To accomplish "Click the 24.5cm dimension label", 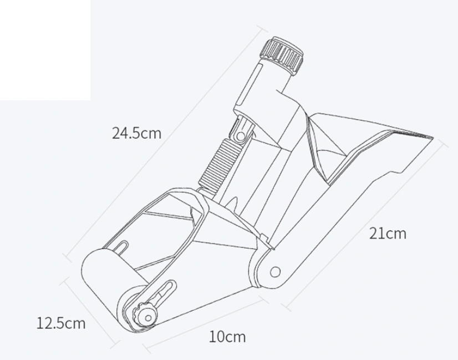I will pyautogui.click(x=136, y=133).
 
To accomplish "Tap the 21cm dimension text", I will pyautogui.click(x=388, y=234).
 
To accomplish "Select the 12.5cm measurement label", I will pyautogui.click(x=61, y=323).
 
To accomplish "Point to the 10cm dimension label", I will pyautogui.click(x=227, y=336).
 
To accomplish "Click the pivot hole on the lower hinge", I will pyautogui.click(x=275, y=272).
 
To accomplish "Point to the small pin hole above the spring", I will pyautogui.click(x=241, y=135).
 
